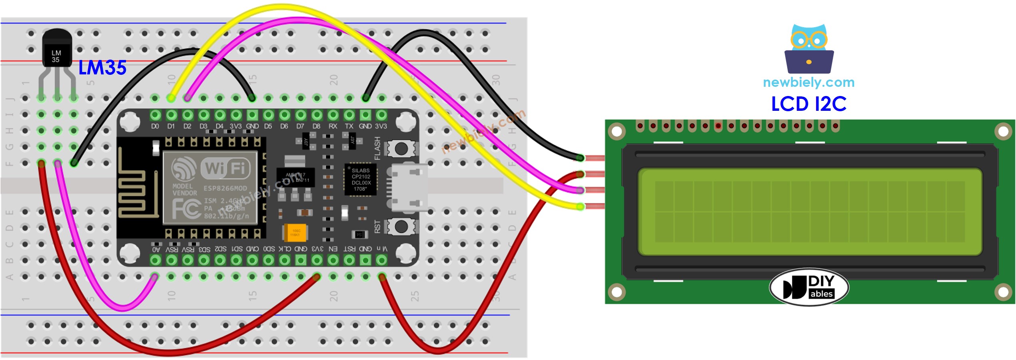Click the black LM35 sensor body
pyautogui.click(x=56, y=52)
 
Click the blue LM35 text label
pyautogui.click(x=102, y=68)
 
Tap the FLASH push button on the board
pyautogui.click(x=401, y=149)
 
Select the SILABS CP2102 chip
pyautogui.click(x=361, y=180)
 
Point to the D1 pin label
pyautogui.click(x=171, y=126)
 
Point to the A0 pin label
pyautogui.click(x=156, y=249)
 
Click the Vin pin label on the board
pyautogui.click(x=381, y=249)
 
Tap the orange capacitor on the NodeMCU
pyautogui.click(x=295, y=232)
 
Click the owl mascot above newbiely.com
pyautogui.click(x=808, y=48)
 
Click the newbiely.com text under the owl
pyautogui.click(x=808, y=82)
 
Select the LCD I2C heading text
pyautogui.click(x=808, y=104)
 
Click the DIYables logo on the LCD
pyautogui.click(x=808, y=287)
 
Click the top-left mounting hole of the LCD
pyautogui.click(x=617, y=131)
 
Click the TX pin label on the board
pyautogui.click(x=349, y=126)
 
